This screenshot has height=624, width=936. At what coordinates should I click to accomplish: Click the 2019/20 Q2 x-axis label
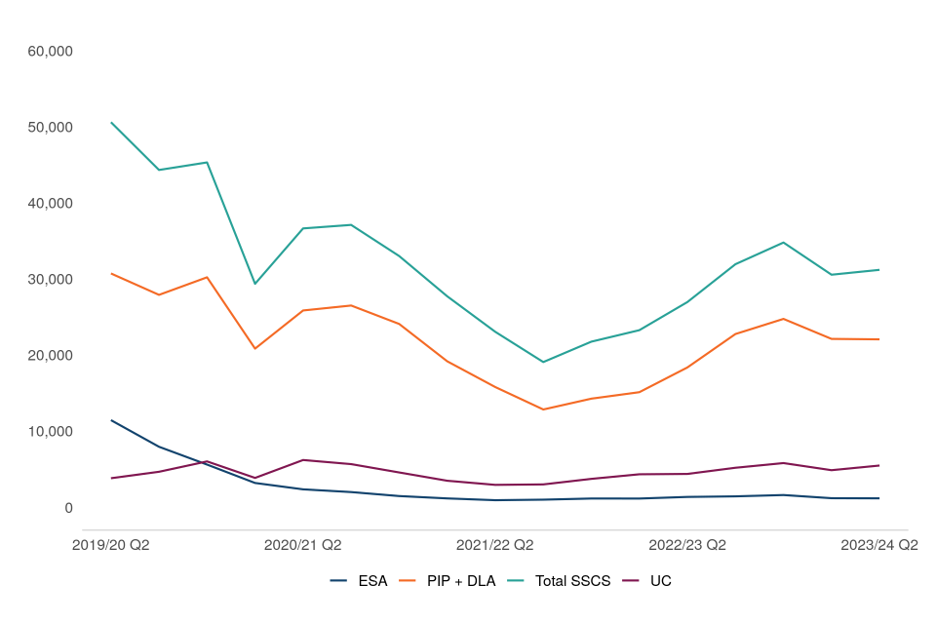tap(111, 545)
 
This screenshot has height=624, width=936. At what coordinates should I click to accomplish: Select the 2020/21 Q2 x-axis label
tap(303, 545)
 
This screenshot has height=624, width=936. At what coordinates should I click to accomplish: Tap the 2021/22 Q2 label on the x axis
tap(495, 545)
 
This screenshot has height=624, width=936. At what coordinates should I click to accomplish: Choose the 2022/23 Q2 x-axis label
tap(687, 545)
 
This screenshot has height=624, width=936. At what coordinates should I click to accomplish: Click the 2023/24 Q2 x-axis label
tap(879, 545)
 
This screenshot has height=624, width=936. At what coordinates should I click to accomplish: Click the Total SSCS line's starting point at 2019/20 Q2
tap(111, 123)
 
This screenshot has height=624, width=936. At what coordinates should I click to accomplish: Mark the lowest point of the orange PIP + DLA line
tap(543, 409)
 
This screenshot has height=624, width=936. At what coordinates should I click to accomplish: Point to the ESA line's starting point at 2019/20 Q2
tap(111, 420)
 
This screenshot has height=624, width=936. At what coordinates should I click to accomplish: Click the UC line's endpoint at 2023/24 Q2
tap(879, 465)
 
